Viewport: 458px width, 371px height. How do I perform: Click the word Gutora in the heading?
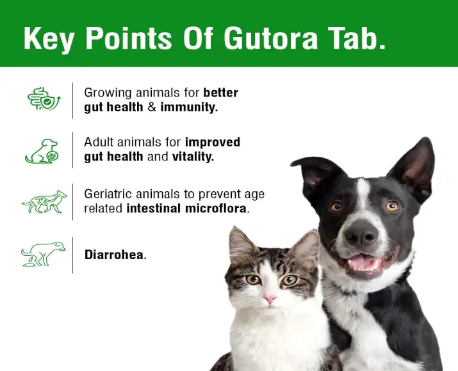(x=271, y=38)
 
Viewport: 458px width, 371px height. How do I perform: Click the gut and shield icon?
(x=44, y=99)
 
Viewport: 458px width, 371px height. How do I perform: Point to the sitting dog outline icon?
(x=42, y=151)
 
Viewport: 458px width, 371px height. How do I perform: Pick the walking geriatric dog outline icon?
(x=44, y=202)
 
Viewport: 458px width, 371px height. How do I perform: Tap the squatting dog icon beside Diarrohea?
(x=43, y=254)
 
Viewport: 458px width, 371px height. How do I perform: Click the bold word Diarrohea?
(x=115, y=255)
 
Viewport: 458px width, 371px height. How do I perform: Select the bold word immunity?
(x=189, y=107)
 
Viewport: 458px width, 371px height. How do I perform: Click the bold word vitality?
(x=193, y=157)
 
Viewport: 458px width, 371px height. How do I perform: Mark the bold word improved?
(x=213, y=143)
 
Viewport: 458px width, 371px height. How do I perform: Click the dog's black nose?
(x=361, y=233)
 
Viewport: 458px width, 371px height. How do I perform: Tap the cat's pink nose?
(x=270, y=299)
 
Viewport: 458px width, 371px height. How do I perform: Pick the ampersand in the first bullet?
(x=152, y=107)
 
